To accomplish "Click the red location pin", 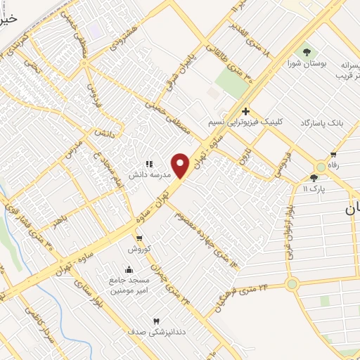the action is [181, 165].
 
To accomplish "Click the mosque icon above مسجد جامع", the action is [128, 270].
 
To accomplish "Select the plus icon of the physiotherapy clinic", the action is [245, 111].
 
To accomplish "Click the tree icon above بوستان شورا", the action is [306, 52].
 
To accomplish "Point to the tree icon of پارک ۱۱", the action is [314, 178].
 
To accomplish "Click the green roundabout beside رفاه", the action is [321, 167].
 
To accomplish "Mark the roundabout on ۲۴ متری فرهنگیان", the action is [292, 284].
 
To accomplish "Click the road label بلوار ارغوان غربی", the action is [288, 218].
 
